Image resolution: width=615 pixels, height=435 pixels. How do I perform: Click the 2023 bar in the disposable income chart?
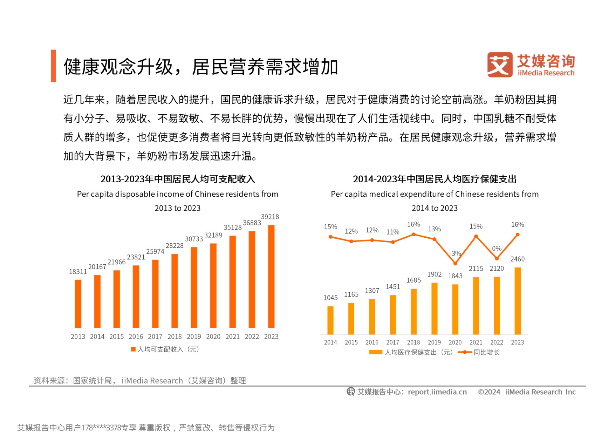coord(271,277)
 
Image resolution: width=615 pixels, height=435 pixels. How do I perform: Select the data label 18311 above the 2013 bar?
coord(78,272)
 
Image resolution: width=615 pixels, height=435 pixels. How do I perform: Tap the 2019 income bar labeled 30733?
coord(194,287)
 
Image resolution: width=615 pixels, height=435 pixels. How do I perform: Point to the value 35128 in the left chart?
coord(233,227)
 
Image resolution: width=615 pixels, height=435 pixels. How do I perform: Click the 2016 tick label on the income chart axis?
coord(136,337)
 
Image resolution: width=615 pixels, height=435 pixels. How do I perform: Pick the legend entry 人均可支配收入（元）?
coord(165,349)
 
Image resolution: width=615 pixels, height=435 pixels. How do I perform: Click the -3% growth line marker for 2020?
coord(455,263)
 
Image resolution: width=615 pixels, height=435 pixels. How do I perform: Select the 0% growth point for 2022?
coord(497,258)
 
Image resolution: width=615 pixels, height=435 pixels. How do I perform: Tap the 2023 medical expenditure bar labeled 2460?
coord(517,301)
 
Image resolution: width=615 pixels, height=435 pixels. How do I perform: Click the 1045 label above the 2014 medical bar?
coord(330,298)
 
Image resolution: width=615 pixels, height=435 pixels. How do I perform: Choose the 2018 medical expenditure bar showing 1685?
coord(414,312)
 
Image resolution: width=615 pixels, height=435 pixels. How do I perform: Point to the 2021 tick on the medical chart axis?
coord(476,342)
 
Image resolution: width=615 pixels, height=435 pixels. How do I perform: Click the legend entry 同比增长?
coord(479,352)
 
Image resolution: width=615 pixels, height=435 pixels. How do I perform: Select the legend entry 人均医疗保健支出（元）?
coord(411,352)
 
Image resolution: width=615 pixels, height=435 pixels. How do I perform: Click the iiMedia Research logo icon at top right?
coord(500,64)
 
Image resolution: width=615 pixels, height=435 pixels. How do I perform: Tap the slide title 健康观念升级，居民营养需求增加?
coord(200,67)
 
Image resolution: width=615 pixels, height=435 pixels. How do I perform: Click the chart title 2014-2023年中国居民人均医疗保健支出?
coord(435,179)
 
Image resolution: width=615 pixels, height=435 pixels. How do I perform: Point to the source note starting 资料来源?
coord(139,380)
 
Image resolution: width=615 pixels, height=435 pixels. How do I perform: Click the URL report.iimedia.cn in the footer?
coord(437,392)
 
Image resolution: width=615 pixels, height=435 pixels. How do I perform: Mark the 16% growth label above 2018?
coord(414,224)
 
